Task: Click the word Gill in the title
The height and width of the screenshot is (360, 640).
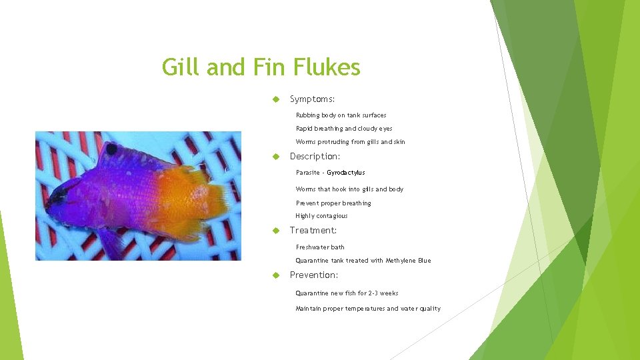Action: tap(181, 67)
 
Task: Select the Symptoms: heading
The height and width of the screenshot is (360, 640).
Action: tap(312, 99)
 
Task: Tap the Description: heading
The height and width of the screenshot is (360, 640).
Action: tap(315, 156)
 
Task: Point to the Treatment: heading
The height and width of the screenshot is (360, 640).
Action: tap(313, 230)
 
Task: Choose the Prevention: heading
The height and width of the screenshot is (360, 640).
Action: tap(313, 275)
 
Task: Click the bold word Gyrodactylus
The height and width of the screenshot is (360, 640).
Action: tap(345, 173)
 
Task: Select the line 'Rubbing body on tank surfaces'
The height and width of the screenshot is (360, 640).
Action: tap(341, 115)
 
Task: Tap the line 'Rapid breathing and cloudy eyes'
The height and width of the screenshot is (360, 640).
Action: tap(344, 129)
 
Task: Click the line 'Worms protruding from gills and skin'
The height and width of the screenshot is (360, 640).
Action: tap(350, 142)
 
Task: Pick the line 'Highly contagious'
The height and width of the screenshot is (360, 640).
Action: tap(321, 216)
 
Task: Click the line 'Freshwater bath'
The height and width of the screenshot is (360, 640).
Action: tap(320, 247)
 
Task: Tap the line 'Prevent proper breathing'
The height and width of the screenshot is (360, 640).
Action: tap(333, 203)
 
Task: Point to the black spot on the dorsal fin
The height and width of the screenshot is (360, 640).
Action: tap(111, 150)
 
